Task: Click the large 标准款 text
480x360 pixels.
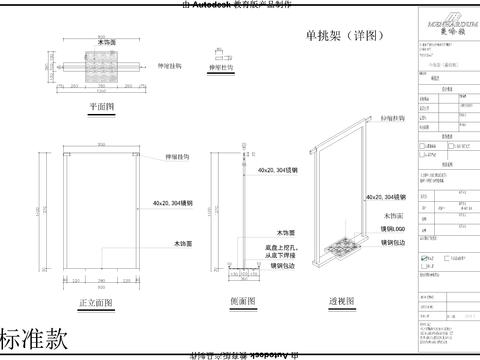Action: point(36,338)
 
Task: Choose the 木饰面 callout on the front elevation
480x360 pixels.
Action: point(153,243)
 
